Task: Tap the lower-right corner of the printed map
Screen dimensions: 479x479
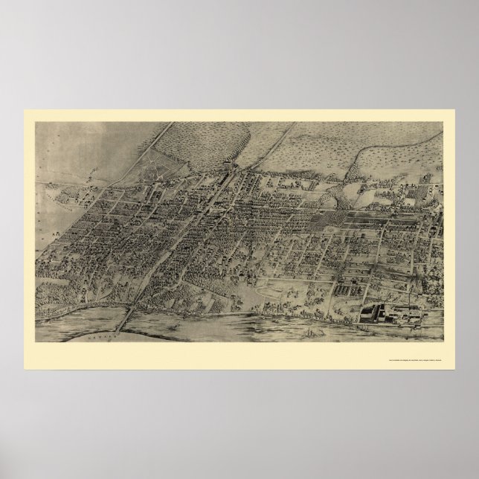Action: point(443,340)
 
